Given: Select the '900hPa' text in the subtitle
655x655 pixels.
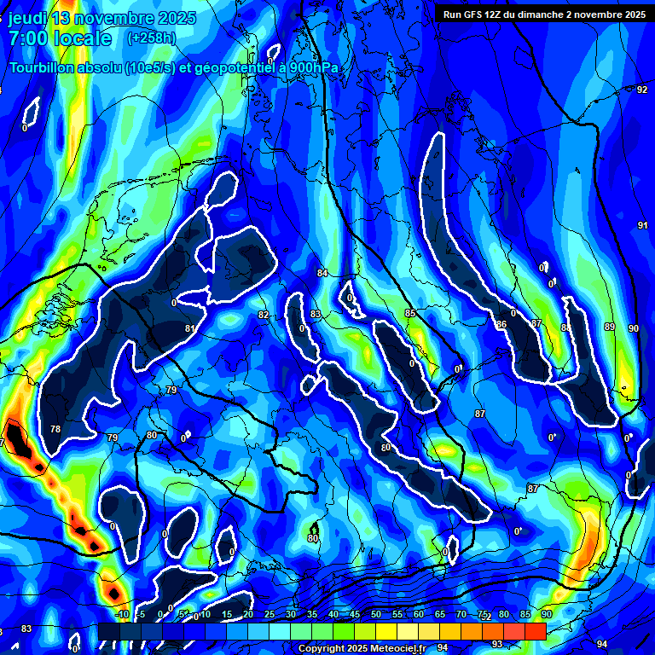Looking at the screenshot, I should pos(316,69).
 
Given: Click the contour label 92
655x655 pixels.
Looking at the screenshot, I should pos(642,90).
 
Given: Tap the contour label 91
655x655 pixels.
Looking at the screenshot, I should pos(642,225).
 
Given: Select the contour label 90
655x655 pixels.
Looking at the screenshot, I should pos(633,328).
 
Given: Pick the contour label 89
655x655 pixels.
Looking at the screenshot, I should pos(609,327).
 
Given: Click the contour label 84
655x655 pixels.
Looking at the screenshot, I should pos(322,273).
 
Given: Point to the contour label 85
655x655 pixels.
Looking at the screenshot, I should pos(410,314).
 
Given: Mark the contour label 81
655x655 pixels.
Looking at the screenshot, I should pos(189,328).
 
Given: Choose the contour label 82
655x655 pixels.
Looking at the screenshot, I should pos(264,315).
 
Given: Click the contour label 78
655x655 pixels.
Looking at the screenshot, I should pos(55,429).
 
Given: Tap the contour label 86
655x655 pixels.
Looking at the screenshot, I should pos(501,324).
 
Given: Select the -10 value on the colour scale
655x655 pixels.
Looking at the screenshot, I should pos(123,614).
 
